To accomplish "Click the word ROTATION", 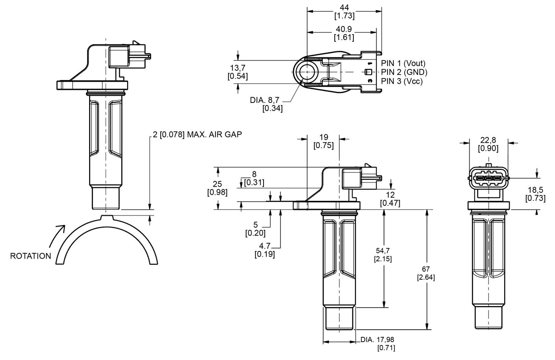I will [x=31, y=256].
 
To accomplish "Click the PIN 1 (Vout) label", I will [x=403, y=63].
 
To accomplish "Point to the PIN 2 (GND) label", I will [x=404, y=72].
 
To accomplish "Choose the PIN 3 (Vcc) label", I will [x=402, y=81].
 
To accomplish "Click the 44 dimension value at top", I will [x=344, y=8].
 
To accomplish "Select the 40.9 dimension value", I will [x=344, y=29].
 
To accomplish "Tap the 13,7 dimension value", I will [x=238, y=68].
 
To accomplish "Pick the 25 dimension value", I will [x=217, y=184].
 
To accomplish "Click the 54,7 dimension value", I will [x=382, y=251].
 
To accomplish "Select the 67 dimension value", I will [x=426, y=269].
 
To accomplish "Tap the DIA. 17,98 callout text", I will [x=377, y=340].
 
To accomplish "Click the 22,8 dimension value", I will [x=488, y=140].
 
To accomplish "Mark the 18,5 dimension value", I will [x=535, y=190].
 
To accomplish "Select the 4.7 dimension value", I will [x=265, y=246].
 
